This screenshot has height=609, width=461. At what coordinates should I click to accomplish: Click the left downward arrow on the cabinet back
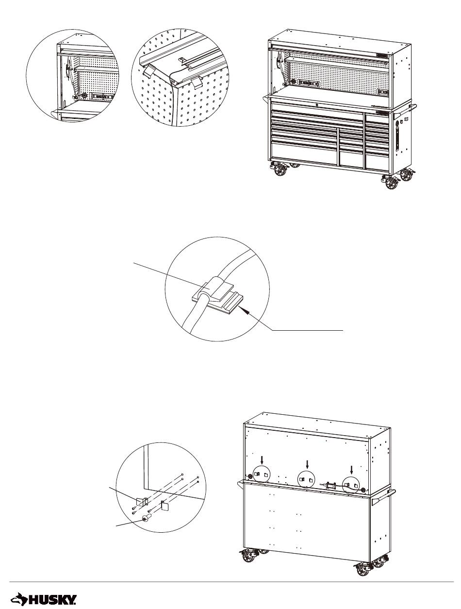coord(262,461)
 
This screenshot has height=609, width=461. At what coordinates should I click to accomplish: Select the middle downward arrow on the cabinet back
coord(307,464)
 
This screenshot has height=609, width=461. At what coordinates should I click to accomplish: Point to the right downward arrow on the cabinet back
coord(352,470)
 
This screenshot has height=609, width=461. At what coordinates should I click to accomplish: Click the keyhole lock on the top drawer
coord(317,105)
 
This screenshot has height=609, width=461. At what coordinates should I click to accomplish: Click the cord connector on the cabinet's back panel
coord(329,485)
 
